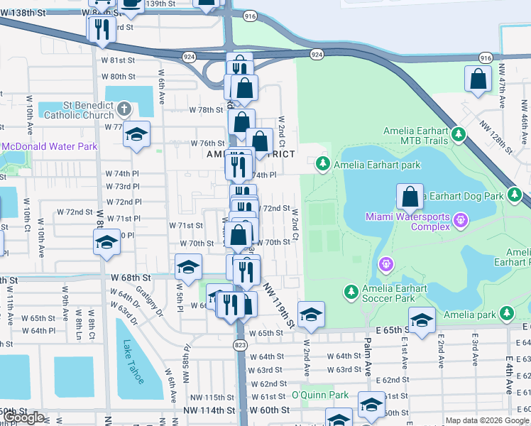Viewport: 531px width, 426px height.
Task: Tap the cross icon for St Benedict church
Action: click(x=125, y=109)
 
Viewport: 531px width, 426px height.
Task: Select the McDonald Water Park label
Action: click(x=48, y=147)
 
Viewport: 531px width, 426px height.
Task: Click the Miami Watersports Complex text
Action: click(x=407, y=222)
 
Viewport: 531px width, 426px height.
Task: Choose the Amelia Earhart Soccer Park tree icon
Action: click(x=351, y=291)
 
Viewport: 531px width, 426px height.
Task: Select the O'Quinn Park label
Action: click(x=320, y=395)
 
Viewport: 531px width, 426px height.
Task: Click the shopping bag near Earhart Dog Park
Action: click(x=410, y=197)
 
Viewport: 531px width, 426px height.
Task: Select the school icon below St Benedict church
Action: click(x=136, y=133)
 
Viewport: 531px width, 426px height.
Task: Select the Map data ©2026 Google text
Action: click(x=487, y=420)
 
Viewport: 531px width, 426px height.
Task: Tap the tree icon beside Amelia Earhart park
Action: click(x=323, y=165)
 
